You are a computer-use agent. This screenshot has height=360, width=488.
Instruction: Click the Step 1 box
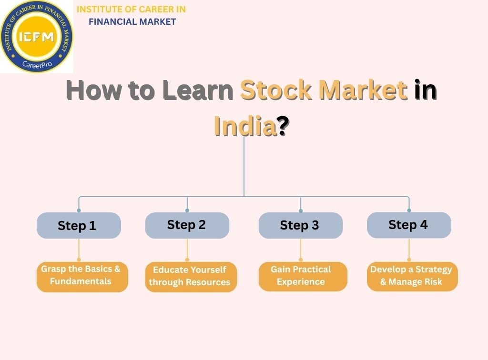click(79, 225)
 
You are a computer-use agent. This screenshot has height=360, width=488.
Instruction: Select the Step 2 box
click(187, 225)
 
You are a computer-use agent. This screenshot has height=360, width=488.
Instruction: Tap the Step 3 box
click(300, 225)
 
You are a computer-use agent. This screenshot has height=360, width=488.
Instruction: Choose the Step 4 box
click(408, 225)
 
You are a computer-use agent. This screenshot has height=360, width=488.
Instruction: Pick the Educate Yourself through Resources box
click(191, 276)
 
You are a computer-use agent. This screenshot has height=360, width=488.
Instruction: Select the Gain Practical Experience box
click(303, 276)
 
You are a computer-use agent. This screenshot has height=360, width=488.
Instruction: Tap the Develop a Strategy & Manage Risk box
click(412, 276)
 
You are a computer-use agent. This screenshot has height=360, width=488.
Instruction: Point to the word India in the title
click(245, 126)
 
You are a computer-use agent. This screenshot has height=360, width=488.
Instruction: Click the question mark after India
click(283, 126)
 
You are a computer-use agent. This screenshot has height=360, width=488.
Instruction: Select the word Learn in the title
click(197, 90)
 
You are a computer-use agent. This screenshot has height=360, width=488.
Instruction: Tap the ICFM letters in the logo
click(37, 37)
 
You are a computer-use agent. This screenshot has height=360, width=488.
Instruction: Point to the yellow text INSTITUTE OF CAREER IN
click(131, 10)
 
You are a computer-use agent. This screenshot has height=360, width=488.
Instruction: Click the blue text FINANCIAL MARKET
click(132, 21)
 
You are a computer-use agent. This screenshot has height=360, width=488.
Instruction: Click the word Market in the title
click(363, 90)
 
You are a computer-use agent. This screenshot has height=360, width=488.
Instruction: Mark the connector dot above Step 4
click(409, 210)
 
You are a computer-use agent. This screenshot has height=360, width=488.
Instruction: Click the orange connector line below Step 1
click(79, 250)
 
